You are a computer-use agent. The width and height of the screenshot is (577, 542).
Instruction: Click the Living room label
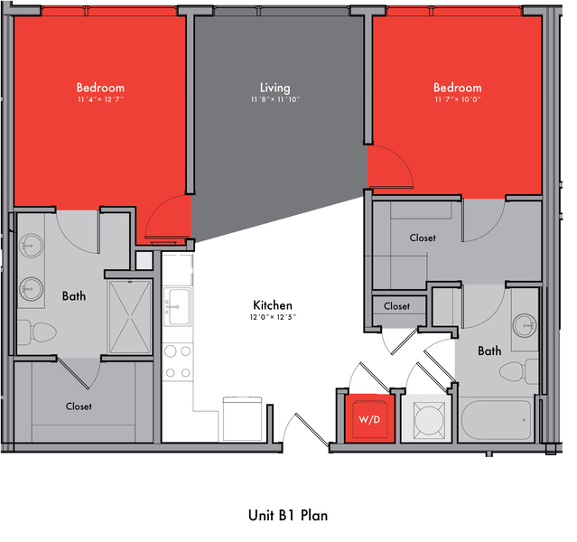coord(275,88)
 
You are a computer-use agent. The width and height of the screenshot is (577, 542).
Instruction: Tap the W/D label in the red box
coord(369,419)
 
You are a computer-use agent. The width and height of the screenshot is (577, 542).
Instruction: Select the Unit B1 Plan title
coord(288,515)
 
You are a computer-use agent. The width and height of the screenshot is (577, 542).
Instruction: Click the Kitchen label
coord(273,305)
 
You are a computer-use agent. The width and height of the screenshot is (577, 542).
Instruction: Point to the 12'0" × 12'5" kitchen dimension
coord(273,317)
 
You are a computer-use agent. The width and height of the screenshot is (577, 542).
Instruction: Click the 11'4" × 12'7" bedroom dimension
coord(100,99)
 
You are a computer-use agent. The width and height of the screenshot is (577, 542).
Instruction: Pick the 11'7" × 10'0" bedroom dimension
coord(458,99)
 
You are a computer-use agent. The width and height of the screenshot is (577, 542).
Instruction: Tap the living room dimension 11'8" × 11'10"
coord(275,99)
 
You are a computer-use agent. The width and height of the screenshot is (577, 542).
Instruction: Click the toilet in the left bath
coord(37,332)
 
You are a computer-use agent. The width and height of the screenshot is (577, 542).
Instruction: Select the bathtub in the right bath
coord(496,419)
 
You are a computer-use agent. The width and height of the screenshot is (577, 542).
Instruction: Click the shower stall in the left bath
coord(130,317)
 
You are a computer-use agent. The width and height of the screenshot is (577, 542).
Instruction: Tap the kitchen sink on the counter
coord(177,306)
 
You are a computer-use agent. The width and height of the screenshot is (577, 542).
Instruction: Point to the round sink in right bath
coord(525,325)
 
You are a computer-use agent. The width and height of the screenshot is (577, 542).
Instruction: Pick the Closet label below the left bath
coord(79,406)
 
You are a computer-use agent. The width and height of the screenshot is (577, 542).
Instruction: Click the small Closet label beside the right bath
coord(396,306)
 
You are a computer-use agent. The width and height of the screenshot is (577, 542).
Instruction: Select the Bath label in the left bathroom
coord(74,296)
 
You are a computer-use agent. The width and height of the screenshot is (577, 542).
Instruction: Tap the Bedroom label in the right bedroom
coord(458,88)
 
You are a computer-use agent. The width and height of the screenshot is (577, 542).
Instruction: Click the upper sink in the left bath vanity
coord(32,245)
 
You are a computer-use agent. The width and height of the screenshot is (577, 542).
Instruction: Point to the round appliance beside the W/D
coord(429,420)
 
